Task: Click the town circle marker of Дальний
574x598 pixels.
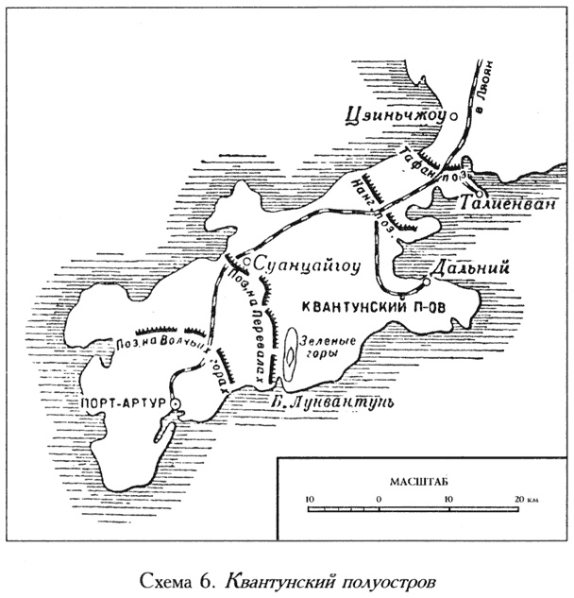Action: (x=426, y=281)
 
